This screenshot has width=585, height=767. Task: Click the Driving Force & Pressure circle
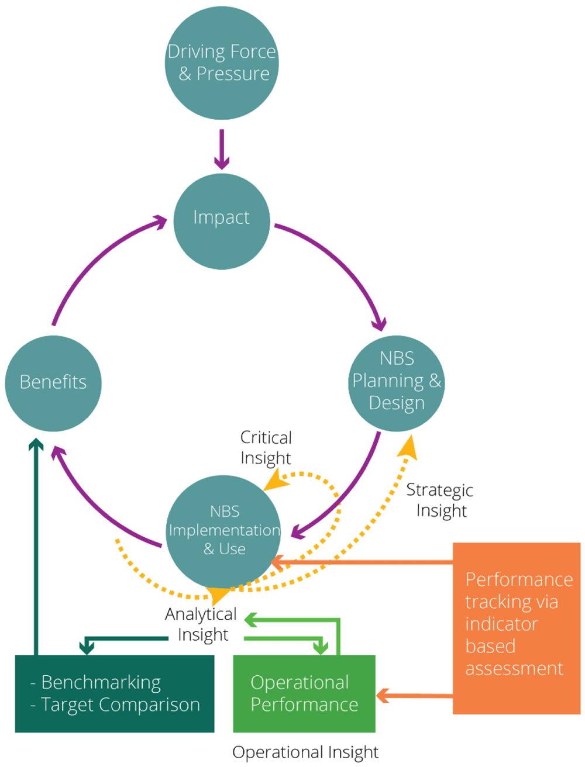[x=222, y=63]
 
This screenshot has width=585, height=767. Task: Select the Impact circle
[x=222, y=222]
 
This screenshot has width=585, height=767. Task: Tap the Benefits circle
[x=53, y=383]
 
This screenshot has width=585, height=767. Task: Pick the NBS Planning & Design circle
[x=397, y=383]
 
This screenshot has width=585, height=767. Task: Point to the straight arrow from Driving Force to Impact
[x=222, y=150]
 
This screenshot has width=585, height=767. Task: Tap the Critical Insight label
[x=266, y=448]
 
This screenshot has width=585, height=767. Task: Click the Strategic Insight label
[x=440, y=500]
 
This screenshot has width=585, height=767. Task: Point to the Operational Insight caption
[x=305, y=752]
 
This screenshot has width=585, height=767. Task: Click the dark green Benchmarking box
[x=114, y=693]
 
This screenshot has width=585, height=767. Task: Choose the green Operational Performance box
[x=304, y=693]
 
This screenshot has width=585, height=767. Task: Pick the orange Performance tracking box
[x=517, y=628]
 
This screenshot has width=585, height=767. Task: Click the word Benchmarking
[x=101, y=682]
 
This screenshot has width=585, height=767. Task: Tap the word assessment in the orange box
[x=514, y=668]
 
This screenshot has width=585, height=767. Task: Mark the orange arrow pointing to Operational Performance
[x=414, y=695]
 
